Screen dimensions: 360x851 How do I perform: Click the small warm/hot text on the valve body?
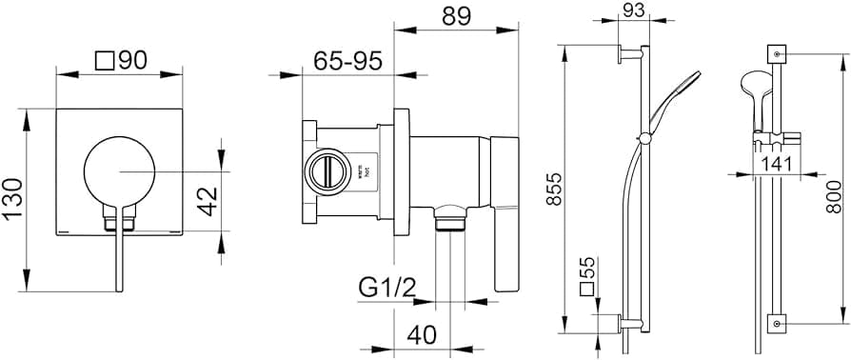click(361, 172)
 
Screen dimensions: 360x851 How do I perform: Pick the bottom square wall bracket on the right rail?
click(779, 325)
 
